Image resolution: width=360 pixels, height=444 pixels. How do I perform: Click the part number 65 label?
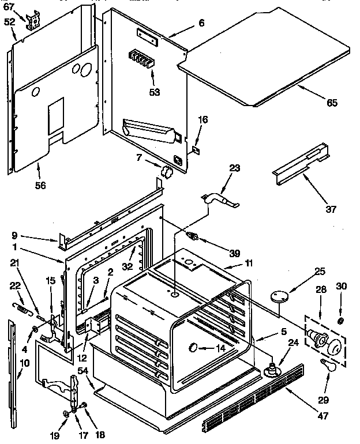pos(331,103)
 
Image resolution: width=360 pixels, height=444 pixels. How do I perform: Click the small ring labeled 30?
pos(341,320)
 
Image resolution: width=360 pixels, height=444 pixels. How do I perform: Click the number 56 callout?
pos(40,185)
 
